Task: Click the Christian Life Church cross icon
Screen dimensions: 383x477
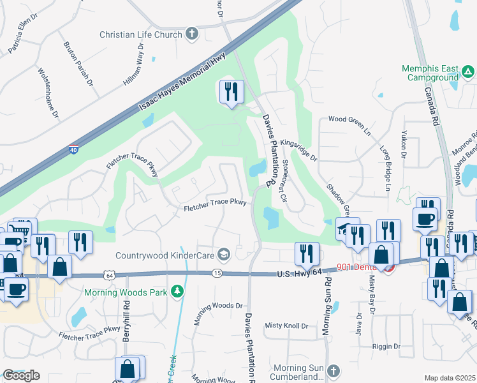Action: pos(192,34)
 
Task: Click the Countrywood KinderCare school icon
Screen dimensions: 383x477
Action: pos(223,255)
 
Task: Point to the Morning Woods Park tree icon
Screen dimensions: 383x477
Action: pos(177,292)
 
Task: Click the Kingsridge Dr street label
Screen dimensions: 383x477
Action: pos(298,149)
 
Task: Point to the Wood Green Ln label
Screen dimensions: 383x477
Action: pos(349,119)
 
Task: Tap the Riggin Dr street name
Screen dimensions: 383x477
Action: pos(387,346)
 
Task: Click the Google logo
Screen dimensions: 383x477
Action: pos(21,375)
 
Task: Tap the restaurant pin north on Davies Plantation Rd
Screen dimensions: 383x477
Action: pos(231,92)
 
